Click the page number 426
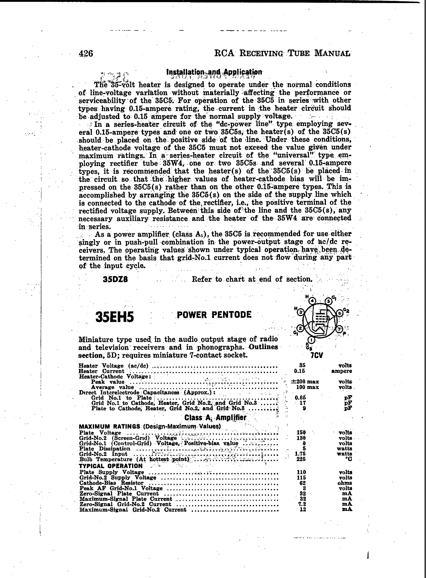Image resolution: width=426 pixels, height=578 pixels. (x=86, y=54)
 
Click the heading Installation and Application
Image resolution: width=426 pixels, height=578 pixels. (x=214, y=72)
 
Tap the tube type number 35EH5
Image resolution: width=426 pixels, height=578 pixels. (x=115, y=317)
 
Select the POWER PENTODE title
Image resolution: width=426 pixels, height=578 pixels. (x=214, y=314)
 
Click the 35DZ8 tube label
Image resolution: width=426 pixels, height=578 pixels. (x=115, y=279)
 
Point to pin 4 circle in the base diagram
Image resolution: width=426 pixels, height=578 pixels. (x=313, y=301)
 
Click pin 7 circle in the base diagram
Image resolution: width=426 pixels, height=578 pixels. (x=340, y=329)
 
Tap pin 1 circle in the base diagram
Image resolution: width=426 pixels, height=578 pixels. (x=311, y=340)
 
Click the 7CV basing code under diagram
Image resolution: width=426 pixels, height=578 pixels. (x=316, y=356)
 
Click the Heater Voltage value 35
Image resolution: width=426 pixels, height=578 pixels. (x=302, y=366)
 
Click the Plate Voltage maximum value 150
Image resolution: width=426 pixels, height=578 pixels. (x=301, y=433)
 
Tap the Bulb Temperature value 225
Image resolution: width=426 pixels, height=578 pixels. (x=301, y=459)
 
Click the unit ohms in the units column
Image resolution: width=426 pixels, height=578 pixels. (x=345, y=483)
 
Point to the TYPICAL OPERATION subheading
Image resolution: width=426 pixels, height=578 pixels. (x=111, y=466)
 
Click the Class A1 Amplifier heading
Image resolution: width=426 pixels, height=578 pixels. (x=215, y=418)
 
